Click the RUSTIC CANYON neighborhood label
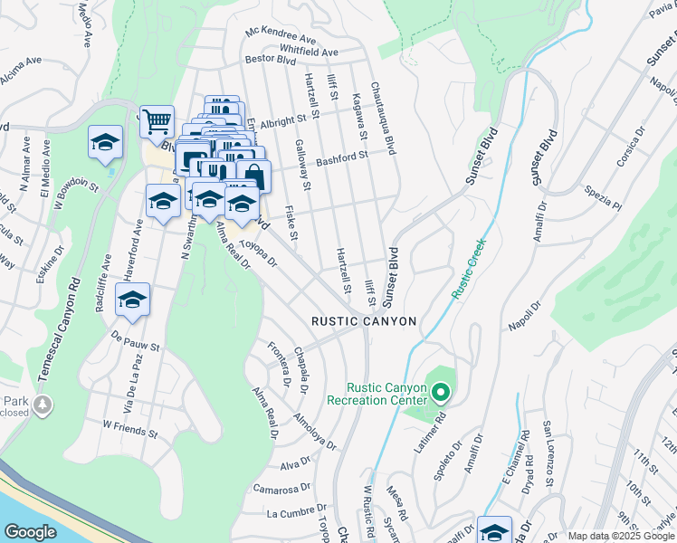[x=364, y=321]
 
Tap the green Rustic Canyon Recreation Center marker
[x=441, y=393]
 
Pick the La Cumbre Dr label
[x=295, y=513]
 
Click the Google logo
[x=31, y=531]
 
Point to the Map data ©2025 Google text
[x=619, y=536]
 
